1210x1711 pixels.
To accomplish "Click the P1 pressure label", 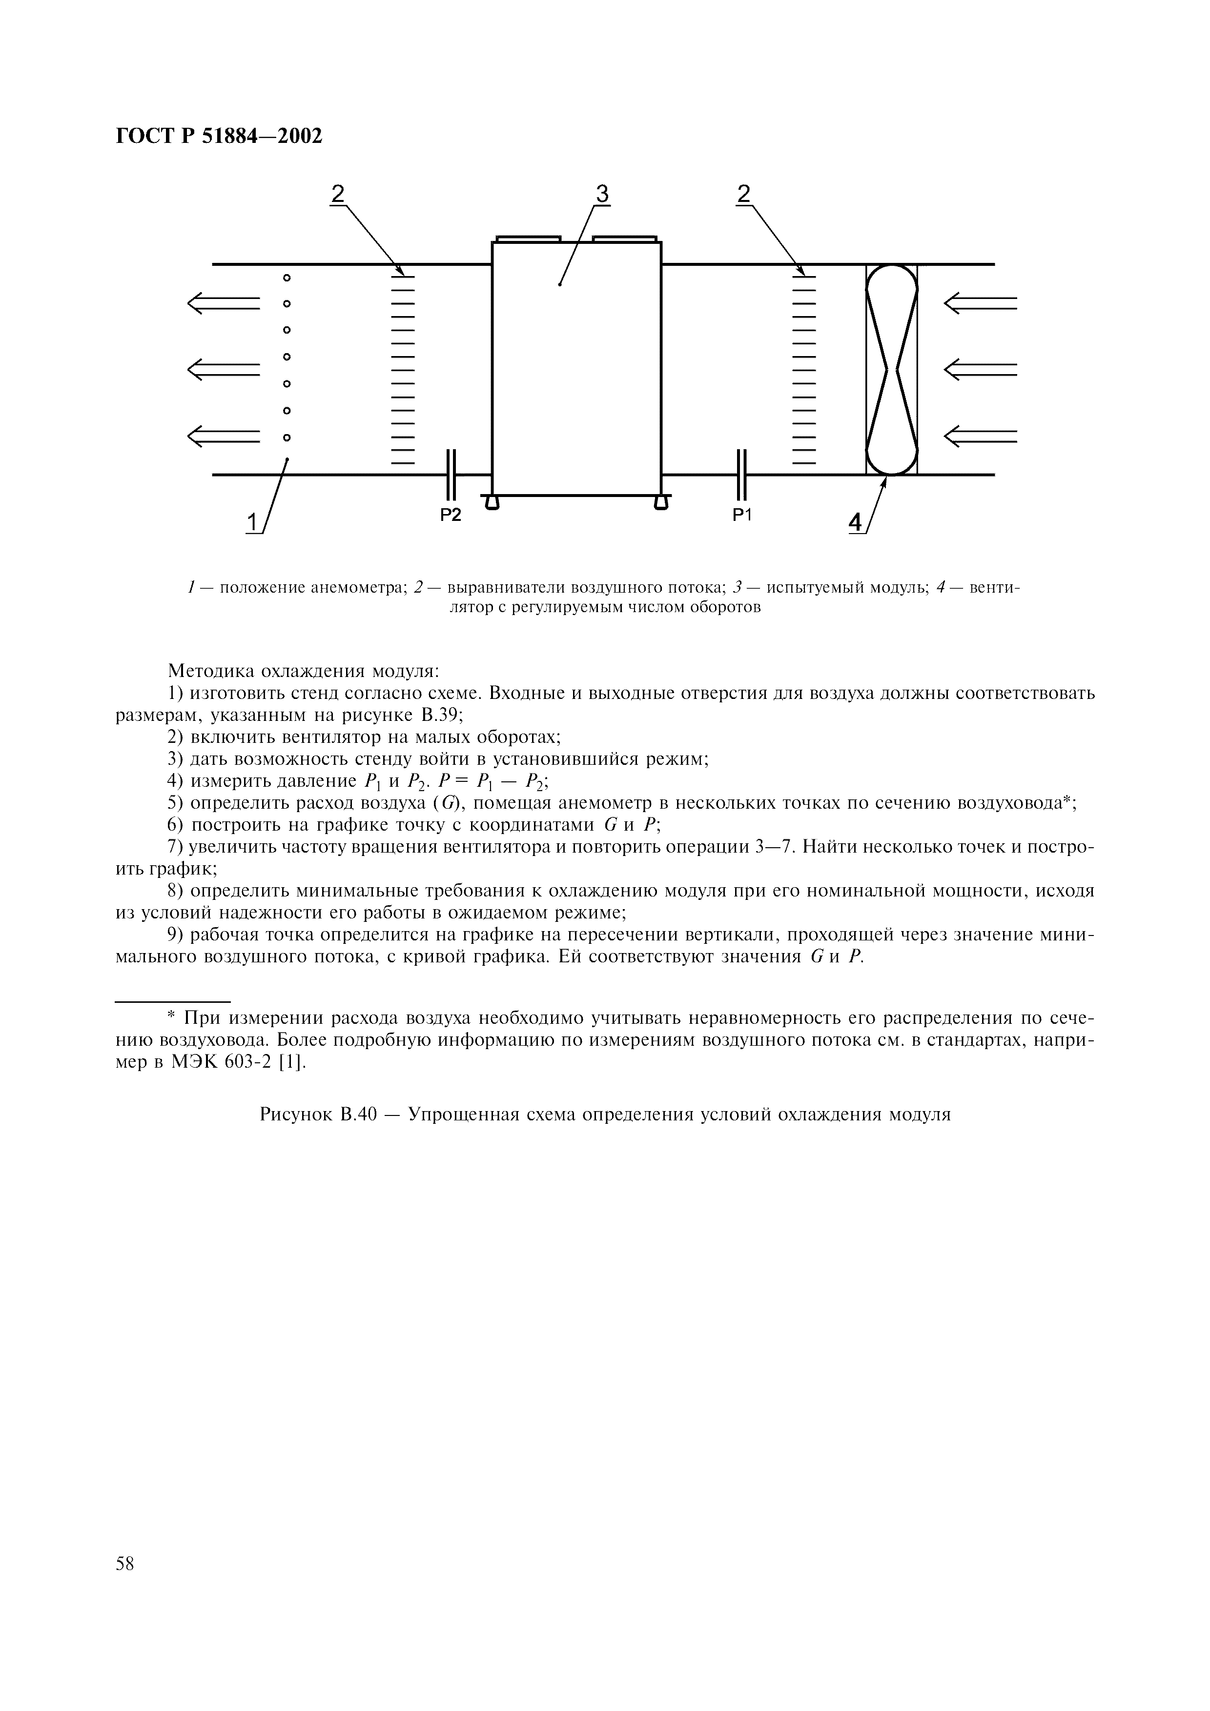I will coord(742,515).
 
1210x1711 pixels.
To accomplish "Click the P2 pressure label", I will coord(451,515).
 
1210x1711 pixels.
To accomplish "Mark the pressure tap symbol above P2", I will coord(451,475).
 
